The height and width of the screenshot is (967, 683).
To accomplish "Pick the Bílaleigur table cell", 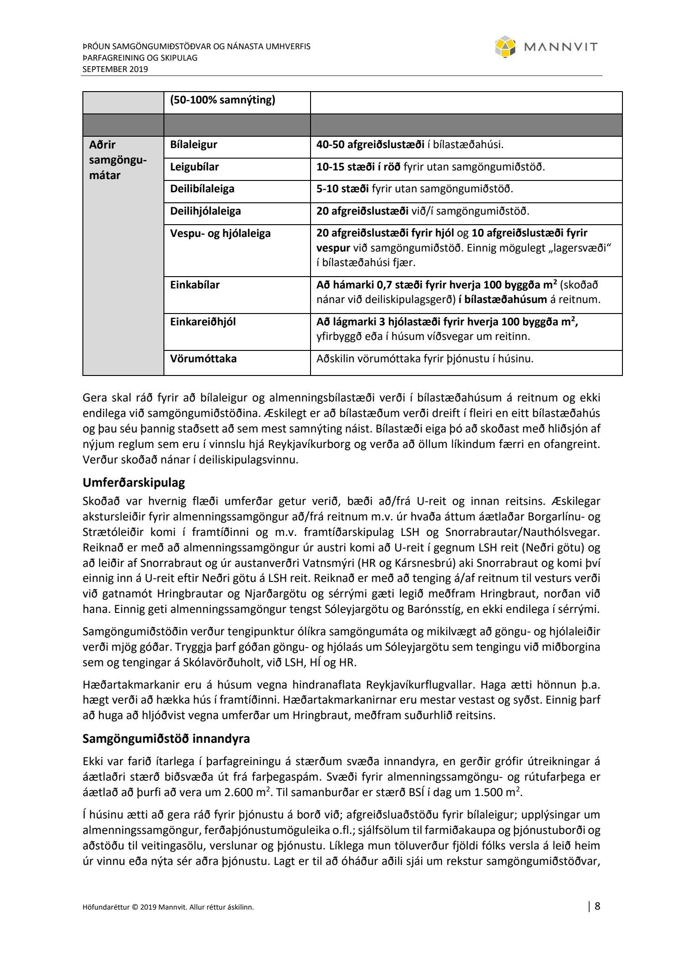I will (x=194, y=145).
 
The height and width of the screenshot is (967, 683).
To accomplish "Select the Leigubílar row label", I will (x=194, y=167).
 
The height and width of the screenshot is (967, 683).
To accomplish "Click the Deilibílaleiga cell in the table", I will (x=202, y=189).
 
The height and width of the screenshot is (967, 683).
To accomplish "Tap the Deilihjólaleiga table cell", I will (x=205, y=211).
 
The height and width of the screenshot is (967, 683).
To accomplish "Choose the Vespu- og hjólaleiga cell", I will (x=220, y=233).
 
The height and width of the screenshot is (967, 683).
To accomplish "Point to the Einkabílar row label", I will (x=195, y=285).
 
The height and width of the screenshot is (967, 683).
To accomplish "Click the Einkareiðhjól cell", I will (x=203, y=322).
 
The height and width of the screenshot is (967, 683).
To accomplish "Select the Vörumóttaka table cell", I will (x=204, y=359).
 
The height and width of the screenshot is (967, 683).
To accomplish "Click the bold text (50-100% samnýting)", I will (x=223, y=100).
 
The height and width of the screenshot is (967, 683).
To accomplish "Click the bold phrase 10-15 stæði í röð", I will (x=358, y=167).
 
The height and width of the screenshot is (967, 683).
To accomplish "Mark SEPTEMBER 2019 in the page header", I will (x=115, y=69).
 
